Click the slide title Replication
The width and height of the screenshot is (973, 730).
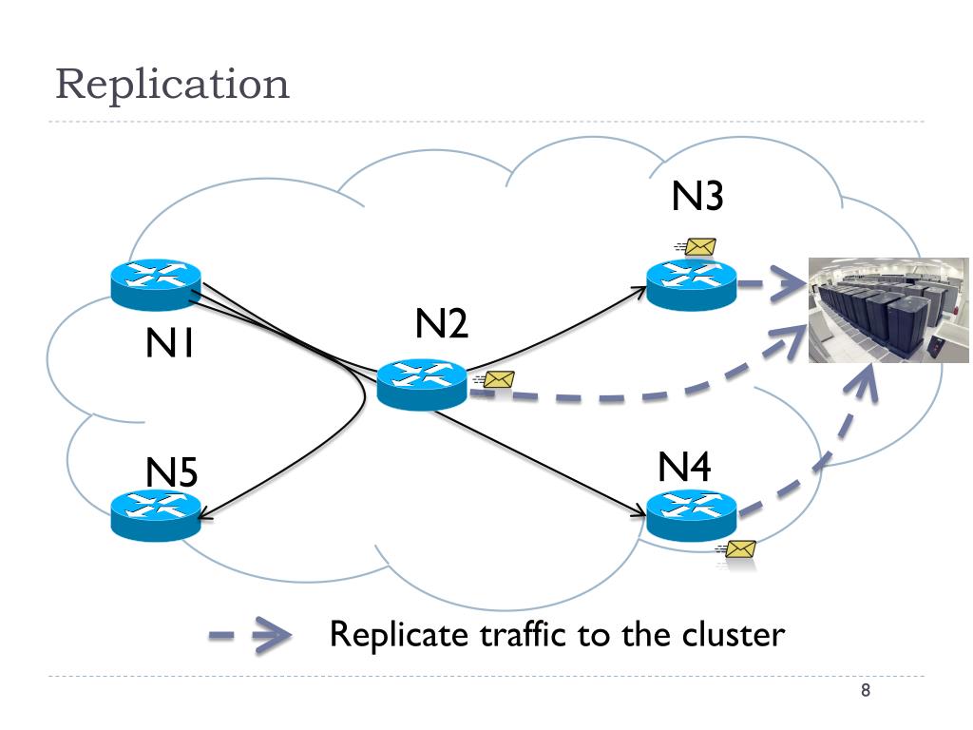point(173,85)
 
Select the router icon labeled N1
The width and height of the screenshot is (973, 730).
point(156,284)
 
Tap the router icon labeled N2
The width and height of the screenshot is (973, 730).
point(422,384)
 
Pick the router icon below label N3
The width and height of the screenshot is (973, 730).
point(692,285)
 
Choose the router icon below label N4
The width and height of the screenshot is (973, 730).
point(692,514)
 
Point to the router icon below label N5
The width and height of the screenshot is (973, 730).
point(156,515)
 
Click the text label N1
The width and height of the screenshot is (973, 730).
point(169,342)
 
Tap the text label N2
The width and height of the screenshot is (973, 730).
point(441,323)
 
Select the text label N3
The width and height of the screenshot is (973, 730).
point(697,196)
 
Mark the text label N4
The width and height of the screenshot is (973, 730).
point(684,467)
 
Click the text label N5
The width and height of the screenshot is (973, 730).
point(171,472)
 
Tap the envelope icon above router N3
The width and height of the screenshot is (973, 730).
point(696,247)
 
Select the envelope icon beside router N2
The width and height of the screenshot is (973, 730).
point(495,379)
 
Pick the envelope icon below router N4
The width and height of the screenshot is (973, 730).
point(736,549)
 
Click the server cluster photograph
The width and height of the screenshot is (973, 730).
point(888,311)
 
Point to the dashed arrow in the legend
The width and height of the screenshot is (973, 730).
point(250,635)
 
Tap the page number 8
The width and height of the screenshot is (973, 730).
point(866,690)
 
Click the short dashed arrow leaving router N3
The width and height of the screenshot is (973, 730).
point(772,284)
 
